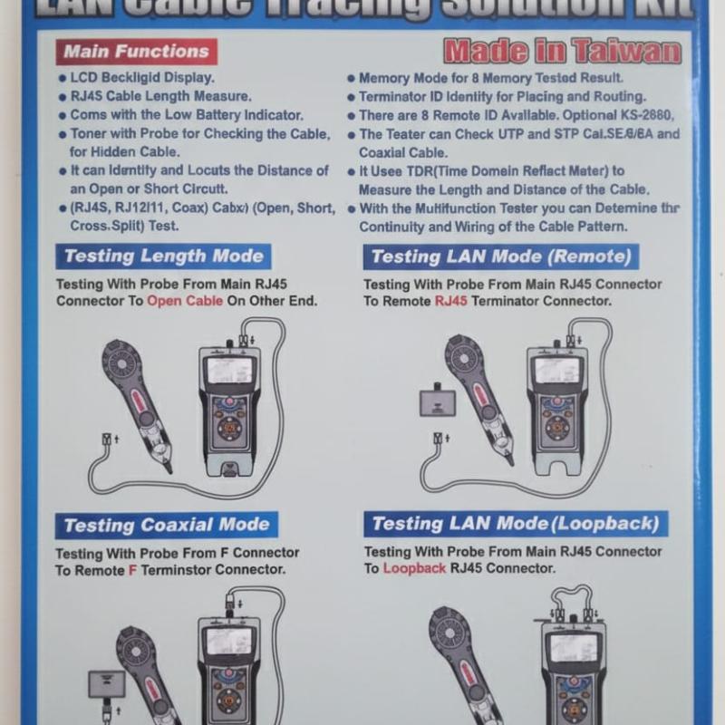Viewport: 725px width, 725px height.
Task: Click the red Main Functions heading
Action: coord(135,52)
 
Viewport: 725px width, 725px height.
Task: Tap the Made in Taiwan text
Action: coord(562,51)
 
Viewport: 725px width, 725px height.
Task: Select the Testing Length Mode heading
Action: coord(164,256)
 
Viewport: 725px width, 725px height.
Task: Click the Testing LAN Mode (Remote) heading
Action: coord(501,256)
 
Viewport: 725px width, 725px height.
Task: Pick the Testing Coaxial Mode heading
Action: coord(166,525)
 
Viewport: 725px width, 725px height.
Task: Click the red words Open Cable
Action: coord(185,301)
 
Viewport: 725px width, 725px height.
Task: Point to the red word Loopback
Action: coord(414,568)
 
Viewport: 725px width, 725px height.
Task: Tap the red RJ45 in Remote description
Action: coord(451,301)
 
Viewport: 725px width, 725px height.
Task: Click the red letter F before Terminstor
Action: coord(132,570)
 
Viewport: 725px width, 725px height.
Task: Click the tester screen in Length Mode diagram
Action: coord(229,370)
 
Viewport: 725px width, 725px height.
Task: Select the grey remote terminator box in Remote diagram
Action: coord(437,399)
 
